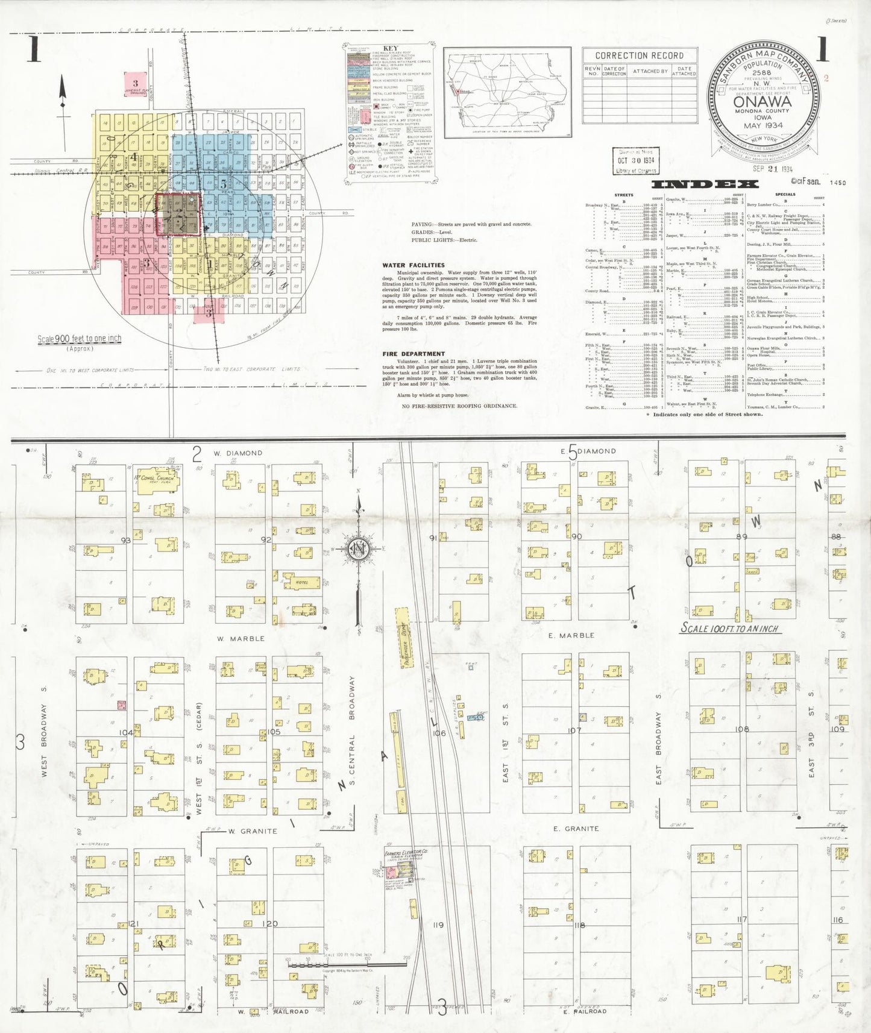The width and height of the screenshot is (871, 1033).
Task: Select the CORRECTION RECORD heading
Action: click(x=640, y=55)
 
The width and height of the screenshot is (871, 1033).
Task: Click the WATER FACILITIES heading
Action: click(x=413, y=265)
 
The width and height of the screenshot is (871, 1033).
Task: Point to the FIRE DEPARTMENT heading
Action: click(x=413, y=354)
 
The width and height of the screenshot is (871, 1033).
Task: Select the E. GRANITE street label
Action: click(x=576, y=829)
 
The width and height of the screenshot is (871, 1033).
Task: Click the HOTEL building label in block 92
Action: click(x=301, y=583)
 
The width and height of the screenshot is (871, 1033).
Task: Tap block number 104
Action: click(x=126, y=732)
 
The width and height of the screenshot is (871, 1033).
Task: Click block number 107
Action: click(x=574, y=730)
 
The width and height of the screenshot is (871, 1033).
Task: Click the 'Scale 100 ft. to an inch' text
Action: click(x=729, y=628)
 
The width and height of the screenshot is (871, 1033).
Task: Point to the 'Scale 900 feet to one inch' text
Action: click(x=80, y=339)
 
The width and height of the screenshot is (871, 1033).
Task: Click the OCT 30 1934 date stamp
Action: click(x=636, y=160)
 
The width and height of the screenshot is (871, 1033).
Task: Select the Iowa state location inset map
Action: click(x=507, y=92)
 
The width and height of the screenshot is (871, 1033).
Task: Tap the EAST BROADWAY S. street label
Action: click(x=658, y=747)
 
